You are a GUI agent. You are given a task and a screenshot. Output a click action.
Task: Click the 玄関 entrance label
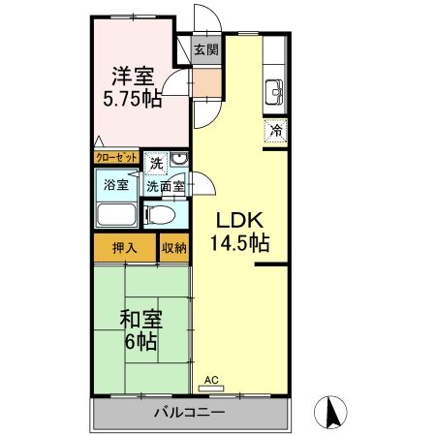coord(206,49)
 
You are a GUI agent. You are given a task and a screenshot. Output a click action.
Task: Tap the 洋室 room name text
coord(133,77)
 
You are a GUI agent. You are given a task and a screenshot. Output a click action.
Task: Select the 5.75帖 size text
coord(133,98)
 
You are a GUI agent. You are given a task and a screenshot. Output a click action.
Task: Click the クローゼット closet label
coord(116,158)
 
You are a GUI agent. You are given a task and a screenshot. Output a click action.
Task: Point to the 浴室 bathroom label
coord(116,185)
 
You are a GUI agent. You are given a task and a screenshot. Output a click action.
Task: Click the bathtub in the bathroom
coord(116,214)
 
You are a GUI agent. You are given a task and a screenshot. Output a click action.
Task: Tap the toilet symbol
coord(161,214)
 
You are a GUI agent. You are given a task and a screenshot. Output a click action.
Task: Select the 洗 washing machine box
coord(156,164)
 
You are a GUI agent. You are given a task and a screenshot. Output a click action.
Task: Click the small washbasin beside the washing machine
coord(178,159)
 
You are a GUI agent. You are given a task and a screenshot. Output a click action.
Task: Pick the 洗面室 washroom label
coord(166,186)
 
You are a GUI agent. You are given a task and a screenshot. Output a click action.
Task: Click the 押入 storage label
coord(125,248)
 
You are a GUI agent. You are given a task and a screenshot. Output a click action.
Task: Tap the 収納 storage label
coord(174,248)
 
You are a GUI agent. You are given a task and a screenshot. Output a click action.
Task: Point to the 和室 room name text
coord(141,319)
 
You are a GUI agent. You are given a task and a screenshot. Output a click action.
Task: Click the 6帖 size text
coord(141,342)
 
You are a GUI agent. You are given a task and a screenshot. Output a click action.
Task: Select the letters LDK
coord(239,220)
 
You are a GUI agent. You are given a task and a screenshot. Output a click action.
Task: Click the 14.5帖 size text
coord(239,243)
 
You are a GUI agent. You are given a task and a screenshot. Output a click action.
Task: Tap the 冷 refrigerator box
coord(275,131)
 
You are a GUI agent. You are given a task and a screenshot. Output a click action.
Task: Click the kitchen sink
coord(274,92)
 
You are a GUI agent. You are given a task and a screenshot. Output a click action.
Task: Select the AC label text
coord(211,380)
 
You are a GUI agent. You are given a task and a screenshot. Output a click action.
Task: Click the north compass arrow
coord(332,412)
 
